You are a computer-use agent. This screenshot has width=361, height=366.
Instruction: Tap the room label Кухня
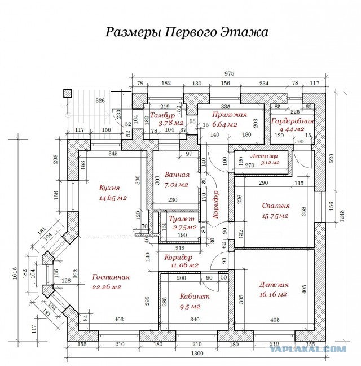click(x=112, y=188)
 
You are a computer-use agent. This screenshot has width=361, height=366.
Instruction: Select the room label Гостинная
click(x=111, y=277)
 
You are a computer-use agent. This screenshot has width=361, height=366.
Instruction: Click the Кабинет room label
click(x=195, y=297)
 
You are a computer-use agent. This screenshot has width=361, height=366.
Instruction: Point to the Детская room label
click(x=274, y=285)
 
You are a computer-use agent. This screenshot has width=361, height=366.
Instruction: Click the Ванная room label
click(x=177, y=175)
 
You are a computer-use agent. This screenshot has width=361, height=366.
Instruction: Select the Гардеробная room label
click(x=292, y=121)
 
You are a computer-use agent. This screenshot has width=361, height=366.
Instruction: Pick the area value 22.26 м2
click(x=111, y=287)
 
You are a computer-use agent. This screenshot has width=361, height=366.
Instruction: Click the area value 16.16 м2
click(x=274, y=294)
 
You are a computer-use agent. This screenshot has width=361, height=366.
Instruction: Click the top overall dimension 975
click(x=228, y=72)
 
